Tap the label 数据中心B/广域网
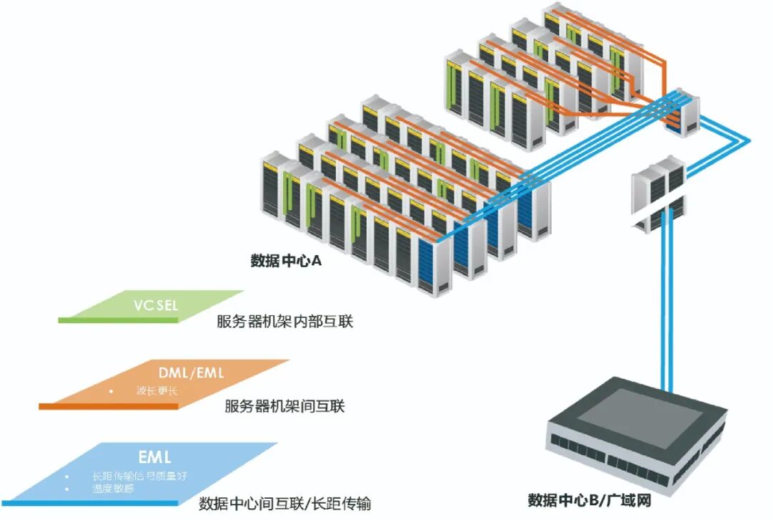tap(590, 500)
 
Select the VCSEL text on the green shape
tap(155, 306)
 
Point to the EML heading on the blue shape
tap(155, 457)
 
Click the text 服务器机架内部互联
tap(285, 322)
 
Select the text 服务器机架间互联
tap(284, 407)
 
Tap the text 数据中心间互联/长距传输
tap(284, 503)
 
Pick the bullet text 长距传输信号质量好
tap(140, 476)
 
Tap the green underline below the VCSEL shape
tap(118, 320)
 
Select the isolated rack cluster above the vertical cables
tap(658, 193)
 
